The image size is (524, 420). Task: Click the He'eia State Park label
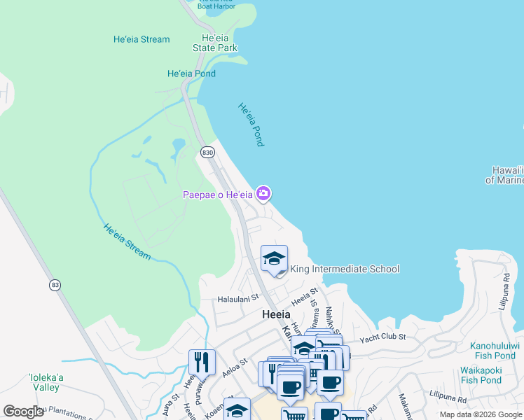[215, 43]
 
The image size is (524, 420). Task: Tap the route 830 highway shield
[207, 152]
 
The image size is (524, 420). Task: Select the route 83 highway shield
[55, 285]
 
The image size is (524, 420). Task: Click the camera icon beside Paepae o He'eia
[263, 193]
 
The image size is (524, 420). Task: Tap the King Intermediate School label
[345, 269]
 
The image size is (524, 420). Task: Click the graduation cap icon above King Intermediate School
[274, 258]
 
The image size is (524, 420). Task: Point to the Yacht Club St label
[383, 338]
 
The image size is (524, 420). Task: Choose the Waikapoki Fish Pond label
[481, 375]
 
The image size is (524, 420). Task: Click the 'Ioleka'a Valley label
[47, 381]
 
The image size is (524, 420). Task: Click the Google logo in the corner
[23, 412]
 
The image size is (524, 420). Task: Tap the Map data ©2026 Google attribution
[480, 414]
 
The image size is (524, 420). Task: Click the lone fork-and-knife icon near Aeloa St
[202, 362]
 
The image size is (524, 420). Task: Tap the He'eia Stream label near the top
[142, 39]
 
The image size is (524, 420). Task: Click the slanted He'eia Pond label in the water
[251, 125]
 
